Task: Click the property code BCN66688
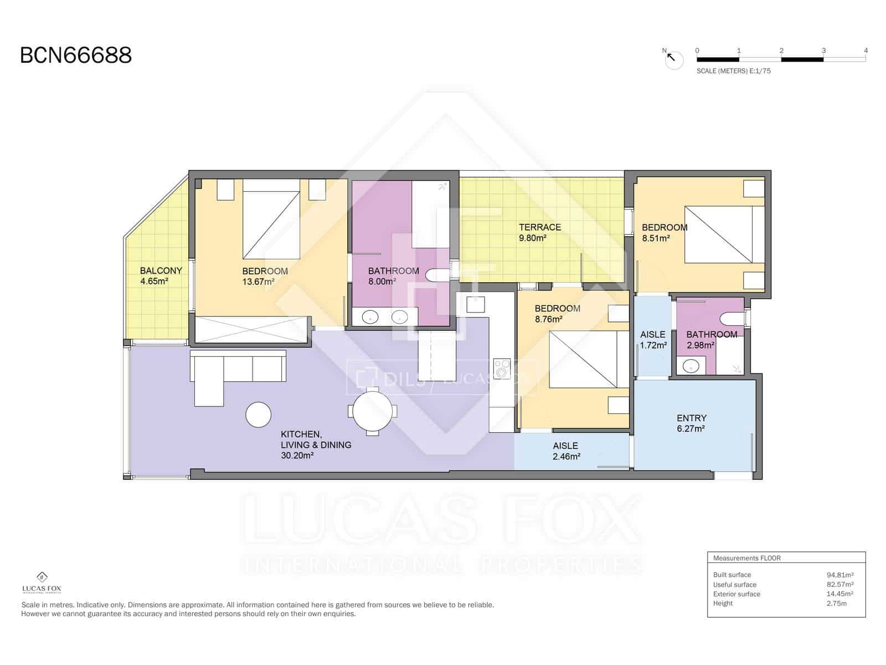(x=76, y=55)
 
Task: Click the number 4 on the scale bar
(x=866, y=50)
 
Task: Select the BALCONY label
(x=161, y=270)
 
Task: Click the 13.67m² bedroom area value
(x=258, y=282)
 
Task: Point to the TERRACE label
(x=540, y=227)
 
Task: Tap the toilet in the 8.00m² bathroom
(x=440, y=275)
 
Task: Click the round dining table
(x=372, y=411)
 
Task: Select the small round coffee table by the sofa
(x=258, y=415)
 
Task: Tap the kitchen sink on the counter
(x=475, y=303)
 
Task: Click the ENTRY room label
(x=691, y=418)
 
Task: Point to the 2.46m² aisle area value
(x=566, y=457)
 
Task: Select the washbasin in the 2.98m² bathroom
(x=691, y=366)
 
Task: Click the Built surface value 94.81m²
(x=839, y=575)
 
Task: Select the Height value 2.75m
(x=836, y=603)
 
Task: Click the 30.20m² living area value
(x=297, y=456)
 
